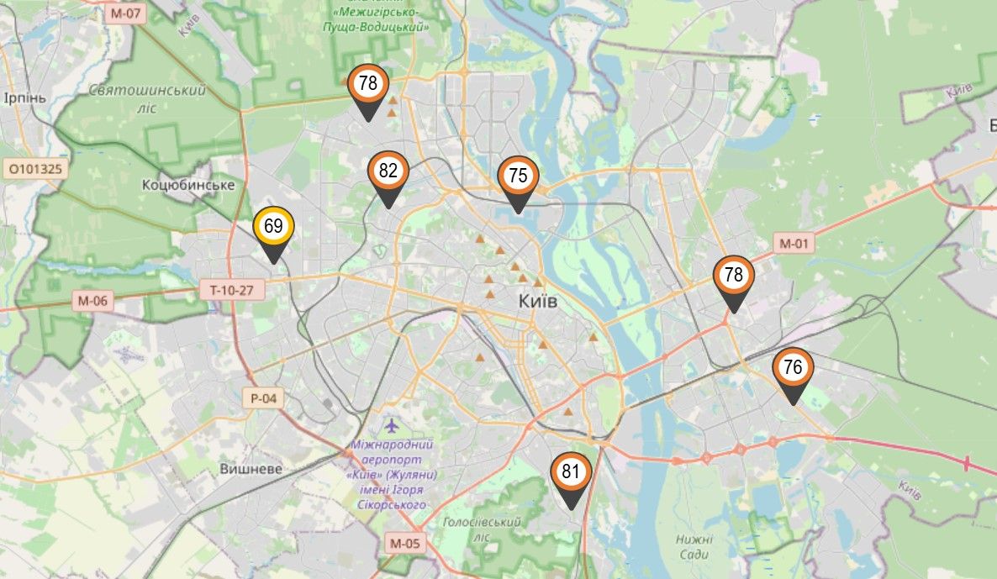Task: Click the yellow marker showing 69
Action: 273,227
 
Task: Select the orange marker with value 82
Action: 388,172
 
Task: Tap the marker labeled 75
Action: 518,176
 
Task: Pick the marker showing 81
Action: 572,472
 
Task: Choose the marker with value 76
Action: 793,368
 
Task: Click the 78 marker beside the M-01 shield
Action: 734,276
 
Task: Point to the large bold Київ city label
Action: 539,301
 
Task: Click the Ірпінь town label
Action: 29,97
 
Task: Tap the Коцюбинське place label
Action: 187,185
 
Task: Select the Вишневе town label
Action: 251,469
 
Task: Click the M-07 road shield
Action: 127,13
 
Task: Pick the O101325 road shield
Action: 34,169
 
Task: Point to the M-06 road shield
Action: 92,300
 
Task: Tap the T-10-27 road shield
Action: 232,291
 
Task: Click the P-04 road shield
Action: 263,397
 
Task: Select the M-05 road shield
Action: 404,544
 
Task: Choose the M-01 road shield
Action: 794,245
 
